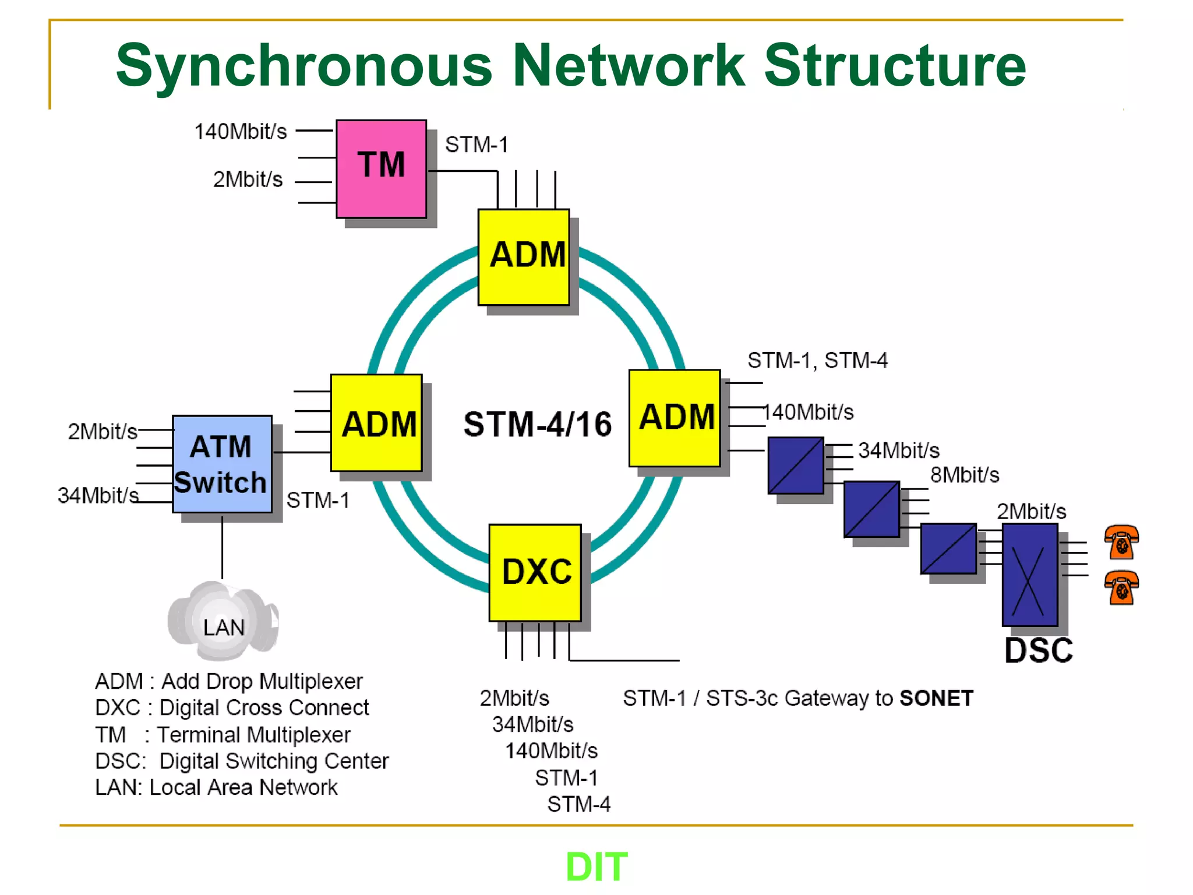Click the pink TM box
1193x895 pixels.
pos(381,169)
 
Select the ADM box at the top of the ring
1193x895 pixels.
pos(524,257)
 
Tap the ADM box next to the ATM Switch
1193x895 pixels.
pos(376,423)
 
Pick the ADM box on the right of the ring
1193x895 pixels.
pos(675,418)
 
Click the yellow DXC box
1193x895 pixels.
pos(535,572)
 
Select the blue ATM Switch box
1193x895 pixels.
pos(222,464)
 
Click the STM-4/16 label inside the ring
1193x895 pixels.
pos(537,424)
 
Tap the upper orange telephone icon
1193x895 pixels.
pos(1121,542)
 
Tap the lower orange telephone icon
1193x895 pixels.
pos(1121,587)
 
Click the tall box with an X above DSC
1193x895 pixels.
pos(1029,575)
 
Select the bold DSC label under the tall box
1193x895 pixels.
pos(1038,651)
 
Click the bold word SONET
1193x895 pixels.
pos(936,698)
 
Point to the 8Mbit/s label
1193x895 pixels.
pos(964,475)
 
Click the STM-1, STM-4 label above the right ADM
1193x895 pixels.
pos(817,361)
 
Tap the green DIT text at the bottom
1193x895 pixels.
pos(596,867)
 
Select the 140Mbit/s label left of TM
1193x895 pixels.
pos(240,132)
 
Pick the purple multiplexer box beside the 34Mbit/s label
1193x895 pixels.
pos(795,465)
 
